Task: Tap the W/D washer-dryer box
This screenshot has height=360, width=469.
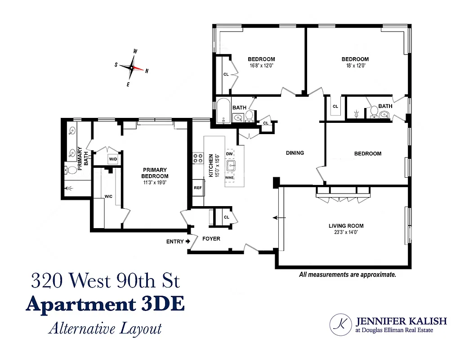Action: [112, 159]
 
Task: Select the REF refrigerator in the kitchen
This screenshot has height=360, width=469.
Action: [198, 188]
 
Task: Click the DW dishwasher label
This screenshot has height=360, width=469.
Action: [229, 154]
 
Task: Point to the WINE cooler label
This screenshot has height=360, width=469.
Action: [230, 178]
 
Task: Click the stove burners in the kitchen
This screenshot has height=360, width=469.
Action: [198, 158]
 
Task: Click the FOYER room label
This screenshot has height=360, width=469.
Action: [211, 238]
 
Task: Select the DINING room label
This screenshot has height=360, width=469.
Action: [295, 153]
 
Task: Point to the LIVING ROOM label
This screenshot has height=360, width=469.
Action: [346, 226]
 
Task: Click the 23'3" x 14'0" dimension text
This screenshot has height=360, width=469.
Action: [346, 233]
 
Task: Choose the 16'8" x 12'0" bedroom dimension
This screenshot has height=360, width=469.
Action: [261, 66]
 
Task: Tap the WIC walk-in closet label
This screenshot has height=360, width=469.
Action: [108, 197]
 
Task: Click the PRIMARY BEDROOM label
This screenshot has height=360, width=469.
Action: [155, 173]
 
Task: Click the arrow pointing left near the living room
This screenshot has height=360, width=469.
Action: [279, 218]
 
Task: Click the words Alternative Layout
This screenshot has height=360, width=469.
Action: [105, 328]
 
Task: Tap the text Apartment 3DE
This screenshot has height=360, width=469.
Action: [105, 305]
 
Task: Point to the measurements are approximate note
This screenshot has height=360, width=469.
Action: [347, 274]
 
